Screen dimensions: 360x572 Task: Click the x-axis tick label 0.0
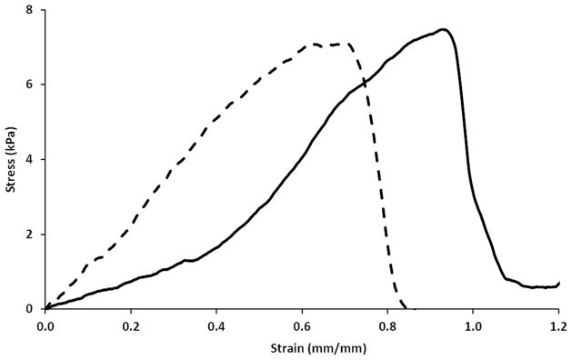45,323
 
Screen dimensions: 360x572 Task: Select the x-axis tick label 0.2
131,323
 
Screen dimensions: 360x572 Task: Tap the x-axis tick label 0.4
216,323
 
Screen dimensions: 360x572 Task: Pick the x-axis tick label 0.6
302,323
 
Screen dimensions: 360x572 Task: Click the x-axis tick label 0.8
387,323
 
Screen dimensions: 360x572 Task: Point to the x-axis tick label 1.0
473,323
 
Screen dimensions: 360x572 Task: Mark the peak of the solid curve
443,29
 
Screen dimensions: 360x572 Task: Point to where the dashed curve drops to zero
406,308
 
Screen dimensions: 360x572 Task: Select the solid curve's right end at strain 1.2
558,283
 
